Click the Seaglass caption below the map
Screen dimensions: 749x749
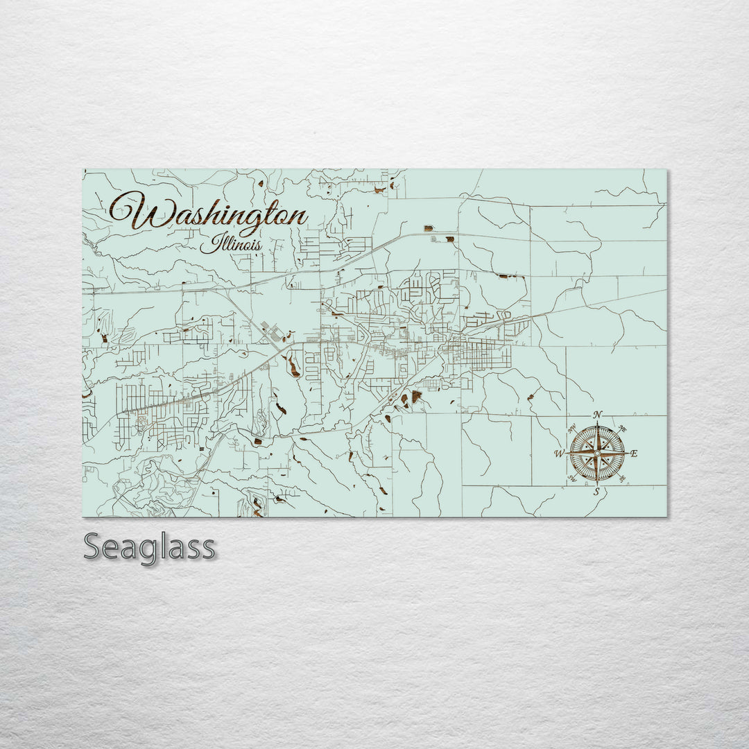coord(149,547)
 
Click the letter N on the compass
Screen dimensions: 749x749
coord(599,415)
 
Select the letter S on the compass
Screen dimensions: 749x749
coord(596,492)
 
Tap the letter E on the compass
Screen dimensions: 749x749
coord(635,454)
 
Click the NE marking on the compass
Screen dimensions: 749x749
coord(621,429)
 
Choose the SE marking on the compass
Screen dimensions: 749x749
coord(621,479)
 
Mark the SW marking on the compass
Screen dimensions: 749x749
coord(572,479)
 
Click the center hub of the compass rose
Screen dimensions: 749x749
coord(596,454)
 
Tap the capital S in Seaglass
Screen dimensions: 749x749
coord(93,547)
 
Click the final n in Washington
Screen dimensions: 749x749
coord(299,216)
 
